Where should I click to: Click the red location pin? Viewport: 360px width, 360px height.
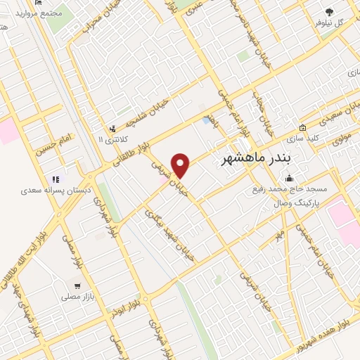coord(181,165)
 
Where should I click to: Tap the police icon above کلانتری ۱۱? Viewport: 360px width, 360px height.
coord(112,129)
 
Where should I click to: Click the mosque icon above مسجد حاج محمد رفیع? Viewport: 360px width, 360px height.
coord(288,179)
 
